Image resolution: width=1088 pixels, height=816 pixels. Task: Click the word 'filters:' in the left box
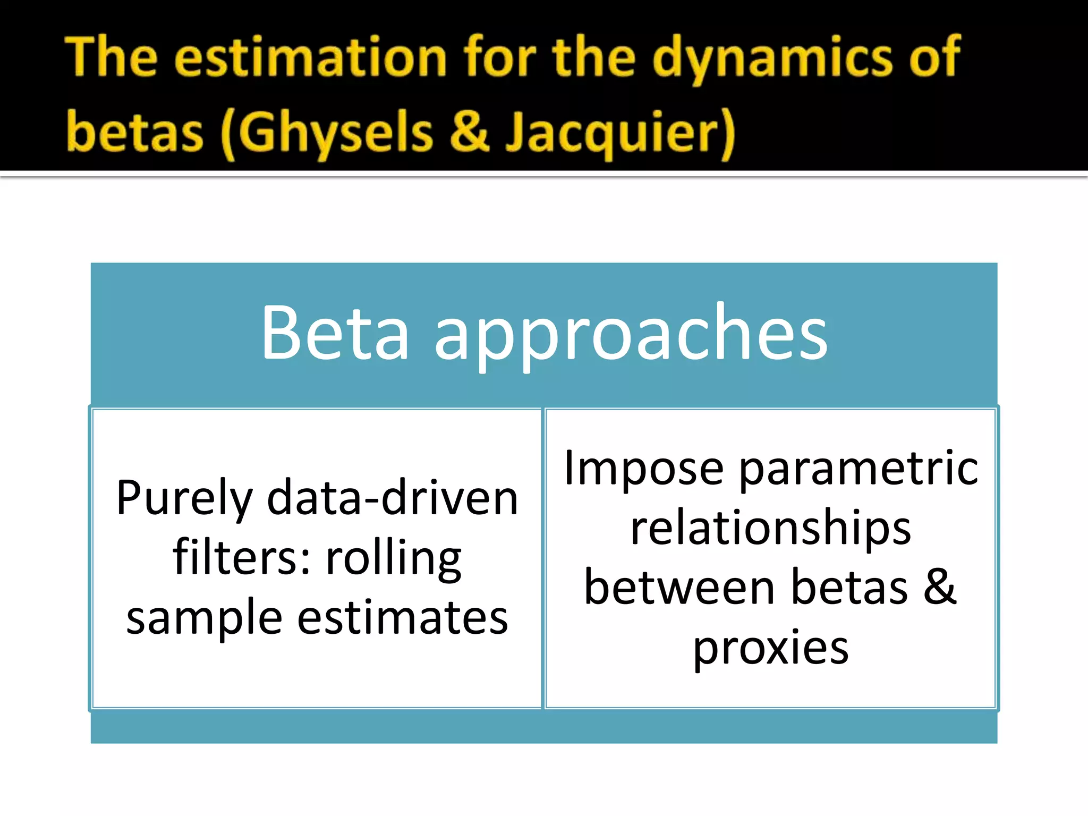242,558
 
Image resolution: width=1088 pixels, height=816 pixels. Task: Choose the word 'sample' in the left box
204,619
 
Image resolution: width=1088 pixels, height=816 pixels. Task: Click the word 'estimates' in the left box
402,618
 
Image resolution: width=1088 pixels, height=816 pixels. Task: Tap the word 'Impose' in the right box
644,470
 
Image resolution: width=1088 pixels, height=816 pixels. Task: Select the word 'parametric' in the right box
858,470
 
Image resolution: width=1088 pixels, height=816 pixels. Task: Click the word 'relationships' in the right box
770,529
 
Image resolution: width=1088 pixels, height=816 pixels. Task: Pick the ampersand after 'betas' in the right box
940,587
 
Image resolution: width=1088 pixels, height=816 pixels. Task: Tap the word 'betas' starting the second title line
135,133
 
